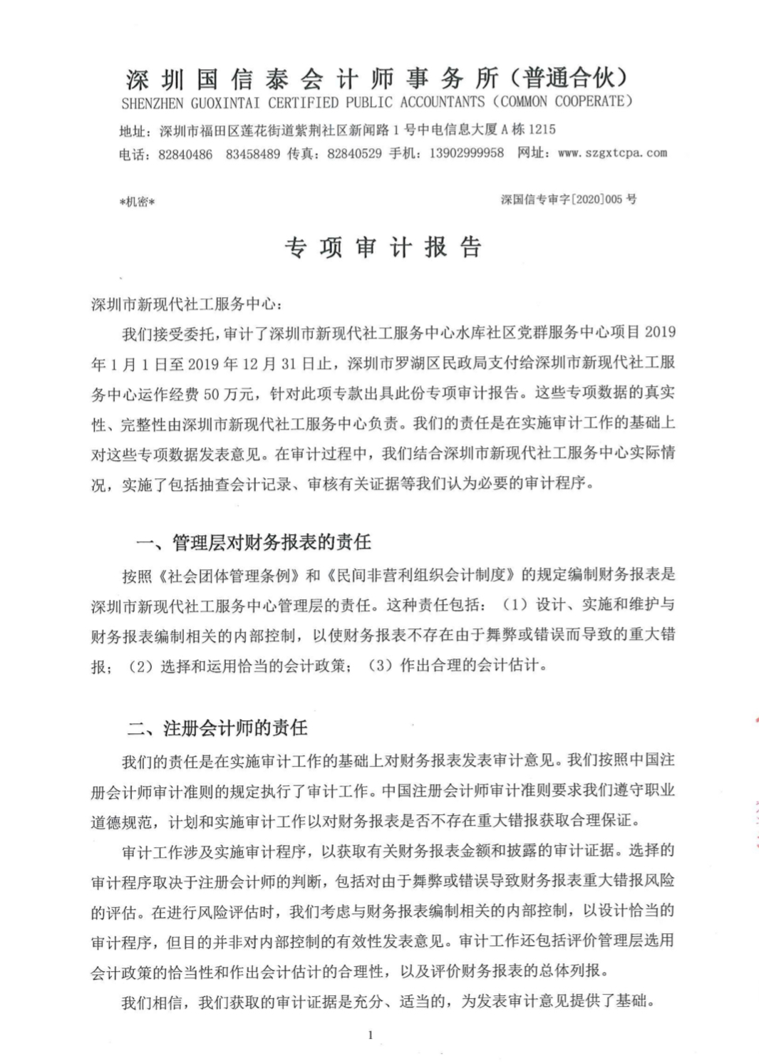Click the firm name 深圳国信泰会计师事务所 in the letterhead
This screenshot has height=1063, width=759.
pyautogui.click(x=314, y=78)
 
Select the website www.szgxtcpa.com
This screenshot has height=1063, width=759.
pyautogui.click(x=612, y=152)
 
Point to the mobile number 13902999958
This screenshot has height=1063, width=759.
pyautogui.click(x=467, y=152)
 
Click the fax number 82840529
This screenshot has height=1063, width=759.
pyautogui.click(x=354, y=153)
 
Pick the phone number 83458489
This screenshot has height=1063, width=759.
pyautogui.click(x=253, y=154)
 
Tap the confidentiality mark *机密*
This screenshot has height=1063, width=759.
pyautogui.click(x=138, y=202)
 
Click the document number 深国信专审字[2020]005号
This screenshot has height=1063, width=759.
pyautogui.click(x=568, y=199)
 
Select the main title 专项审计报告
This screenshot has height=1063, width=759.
pyautogui.click(x=383, y=248)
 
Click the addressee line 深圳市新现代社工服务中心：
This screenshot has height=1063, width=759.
pyautogui.click(x=187, y=304)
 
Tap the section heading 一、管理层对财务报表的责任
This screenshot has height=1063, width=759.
pyautogui.click(x=253, y=543)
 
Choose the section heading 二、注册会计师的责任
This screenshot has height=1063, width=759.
pyautogui.click(x=217, y=728)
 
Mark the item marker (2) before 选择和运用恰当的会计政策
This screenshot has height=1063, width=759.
pyautogui.click(x=140, y=667)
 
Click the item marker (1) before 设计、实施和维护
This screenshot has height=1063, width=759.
pyautogui.click(x=515, y=605)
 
